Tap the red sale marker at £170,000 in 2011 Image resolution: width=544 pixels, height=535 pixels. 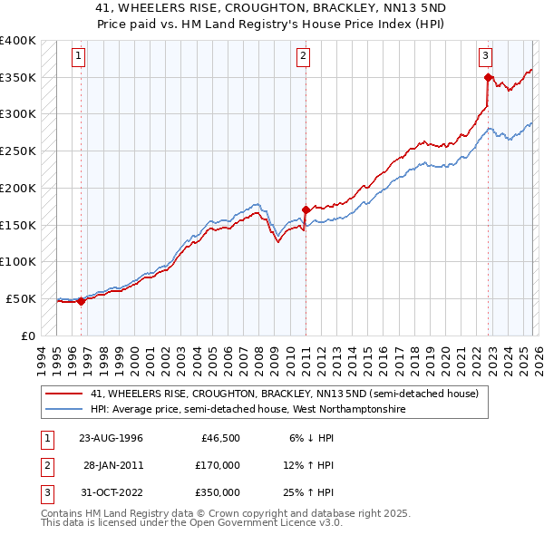(306, 210)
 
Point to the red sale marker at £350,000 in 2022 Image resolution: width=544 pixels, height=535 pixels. (488, 78)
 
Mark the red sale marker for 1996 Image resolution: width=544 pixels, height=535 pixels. (82, 302)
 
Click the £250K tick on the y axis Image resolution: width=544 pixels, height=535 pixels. (18, 151)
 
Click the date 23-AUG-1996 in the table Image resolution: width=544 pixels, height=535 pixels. (112, 438)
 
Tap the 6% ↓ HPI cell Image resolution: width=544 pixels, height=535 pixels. (311, 438)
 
